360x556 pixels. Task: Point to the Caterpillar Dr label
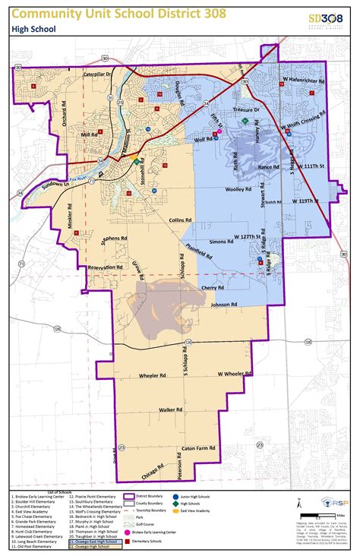[x=98, y=74]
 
